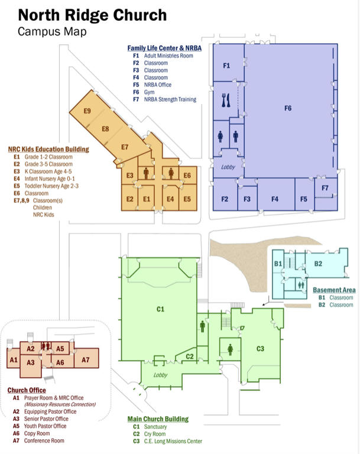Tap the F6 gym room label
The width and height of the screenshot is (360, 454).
tap(288, 108)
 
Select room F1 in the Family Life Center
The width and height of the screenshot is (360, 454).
tap(226, 66)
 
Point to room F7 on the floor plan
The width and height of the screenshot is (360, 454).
tap(325, 189)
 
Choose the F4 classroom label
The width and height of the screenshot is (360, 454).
tap(275, 199)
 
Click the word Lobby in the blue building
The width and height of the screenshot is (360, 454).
tap(228, 168)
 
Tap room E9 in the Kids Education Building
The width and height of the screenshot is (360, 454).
tap(87, 111)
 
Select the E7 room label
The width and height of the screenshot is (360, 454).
tap(125, 147)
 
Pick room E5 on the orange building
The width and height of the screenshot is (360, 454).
tap(187, 199)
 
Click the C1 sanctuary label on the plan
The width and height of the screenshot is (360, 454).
tap(160, 309)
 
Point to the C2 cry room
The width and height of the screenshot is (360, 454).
tap(190, 356)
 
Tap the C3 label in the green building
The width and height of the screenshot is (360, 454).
tap(260, 349)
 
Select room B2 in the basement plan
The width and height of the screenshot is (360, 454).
tap(317, 263)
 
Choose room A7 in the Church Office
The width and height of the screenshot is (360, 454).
tap(85, 359)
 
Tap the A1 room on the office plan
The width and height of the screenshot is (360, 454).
tap(12, 359)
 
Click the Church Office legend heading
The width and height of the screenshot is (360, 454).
tap(27, 390)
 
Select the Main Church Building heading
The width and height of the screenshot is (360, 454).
tap(158, 419)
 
